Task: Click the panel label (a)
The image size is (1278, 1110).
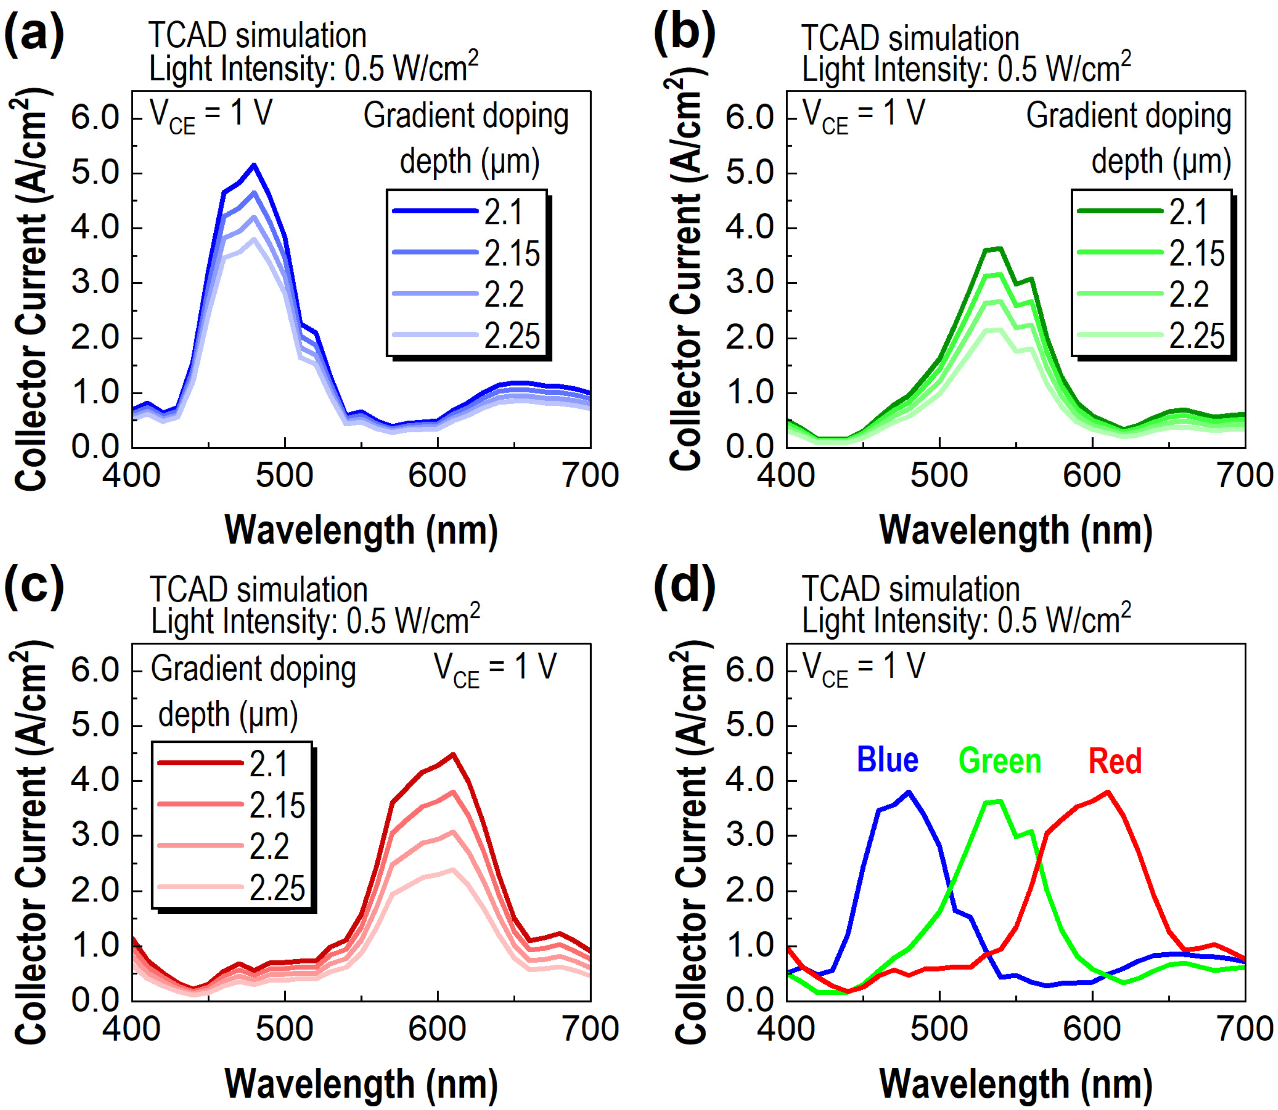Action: pyautogui.click(x=34, y=35)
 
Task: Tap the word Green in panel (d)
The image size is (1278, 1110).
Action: pyautogui.click(x=1000, y=760)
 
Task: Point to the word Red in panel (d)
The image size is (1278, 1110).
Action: pyautogui.click(x=1115, y=760)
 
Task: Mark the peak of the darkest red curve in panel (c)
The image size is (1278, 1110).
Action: pyautogui.click(x=453, y=754)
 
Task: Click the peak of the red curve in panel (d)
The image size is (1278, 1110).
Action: pyautogui.click(x=1107, y=792)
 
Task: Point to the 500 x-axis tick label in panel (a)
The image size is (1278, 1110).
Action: pyautogui.click(x=285, y=476)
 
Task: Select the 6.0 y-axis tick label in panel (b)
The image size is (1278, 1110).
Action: pyautogui.click(x=750, y=117)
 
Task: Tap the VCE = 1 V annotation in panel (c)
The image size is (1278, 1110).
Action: pyautogui.click(x=495, y=669)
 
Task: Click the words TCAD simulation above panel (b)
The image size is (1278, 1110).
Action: pyautogui.click(x=910, y=38)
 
